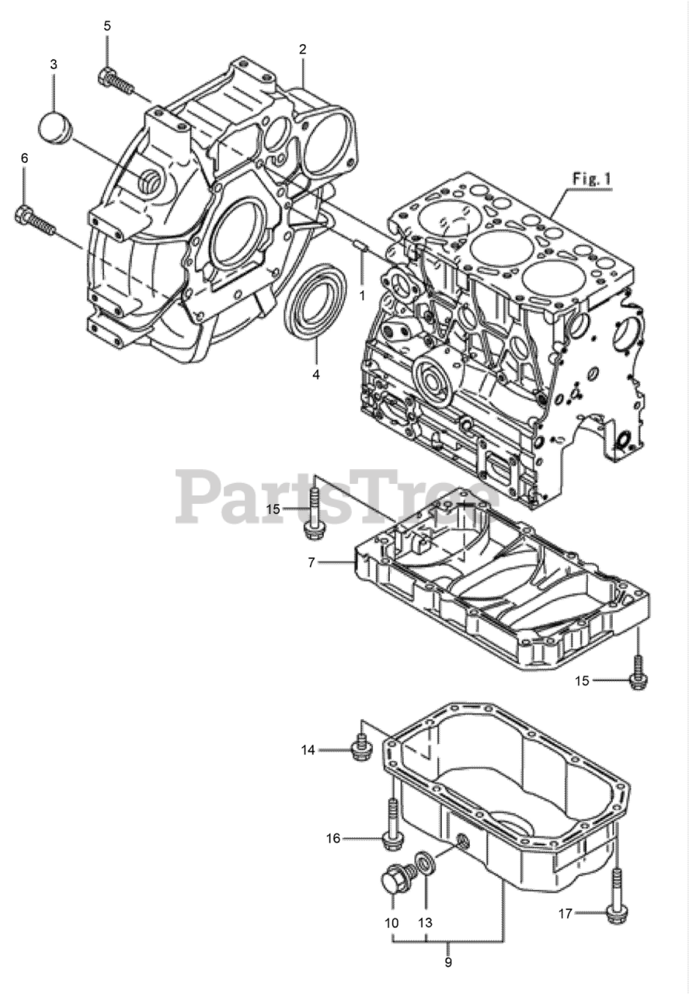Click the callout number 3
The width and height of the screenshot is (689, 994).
tap(54, 64)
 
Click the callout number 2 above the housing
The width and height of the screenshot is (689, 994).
tap(302, 49)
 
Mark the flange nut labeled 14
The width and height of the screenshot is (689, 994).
tap(360, 746)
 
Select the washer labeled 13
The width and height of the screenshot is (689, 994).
tap(426, 863)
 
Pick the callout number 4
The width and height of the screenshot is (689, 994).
tap(316, 374)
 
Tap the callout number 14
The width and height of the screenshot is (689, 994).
tap(309, 749)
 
